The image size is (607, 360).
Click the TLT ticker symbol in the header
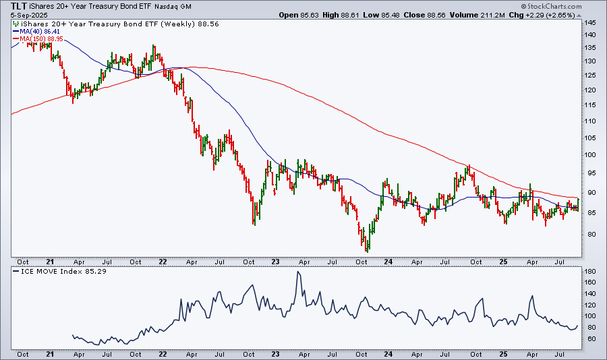click(20, 6)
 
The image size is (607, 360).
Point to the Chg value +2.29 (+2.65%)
click(570, 14)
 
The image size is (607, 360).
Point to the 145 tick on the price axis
click(591, 23)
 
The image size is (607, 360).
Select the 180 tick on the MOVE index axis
click(591, 272)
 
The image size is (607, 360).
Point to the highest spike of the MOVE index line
click(297, 272)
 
